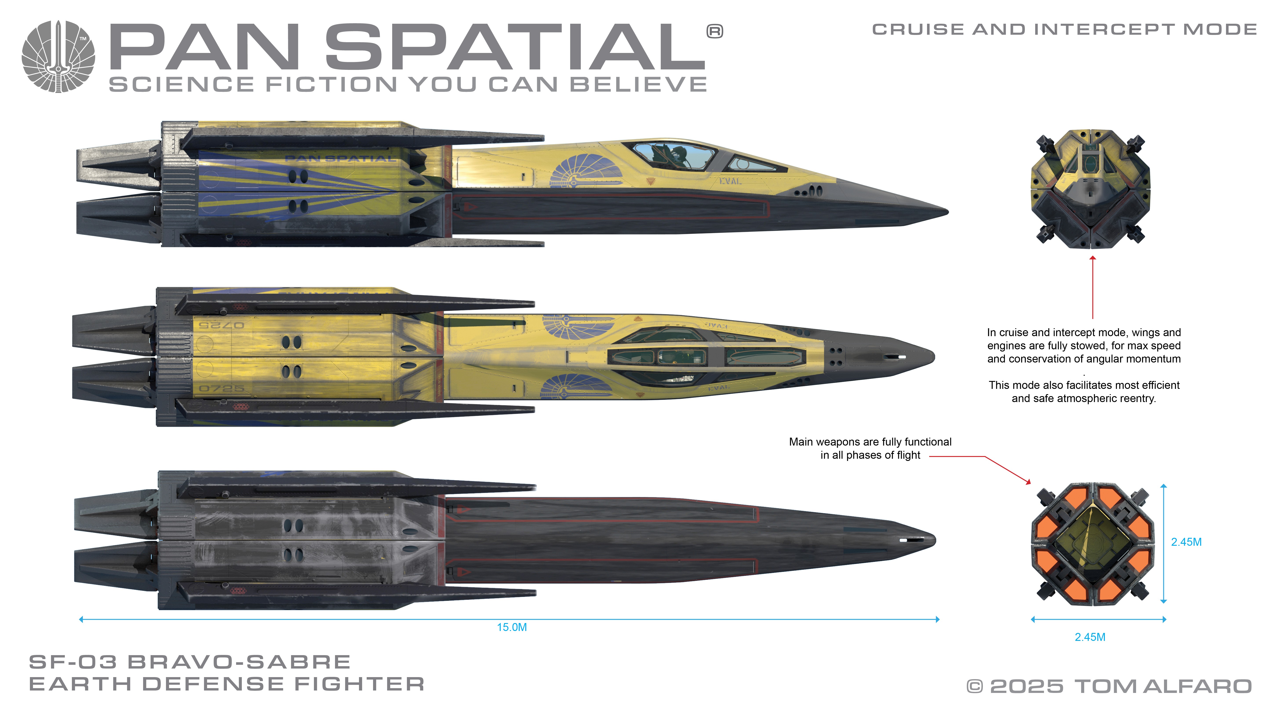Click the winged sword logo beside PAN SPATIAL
(58, 56)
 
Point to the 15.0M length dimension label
(512, 627)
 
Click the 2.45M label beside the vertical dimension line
(1186, 542)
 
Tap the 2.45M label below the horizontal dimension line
(1090, 637)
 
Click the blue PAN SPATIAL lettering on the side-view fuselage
(339, 159)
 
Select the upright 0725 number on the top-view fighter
(222, 388)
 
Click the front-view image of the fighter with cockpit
(1091, 188)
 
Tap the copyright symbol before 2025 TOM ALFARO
(975, 687)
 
